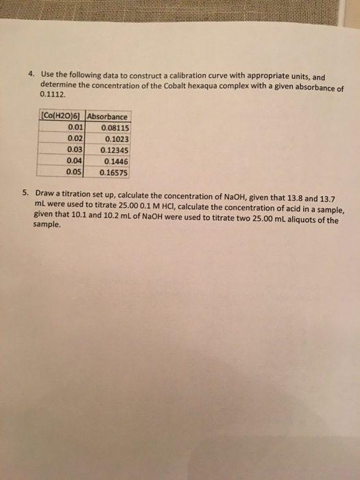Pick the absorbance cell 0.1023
coord(116,138)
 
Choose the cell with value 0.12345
coord(115,149)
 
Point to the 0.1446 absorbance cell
coord(116,160)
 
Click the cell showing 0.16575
coord(115,172)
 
